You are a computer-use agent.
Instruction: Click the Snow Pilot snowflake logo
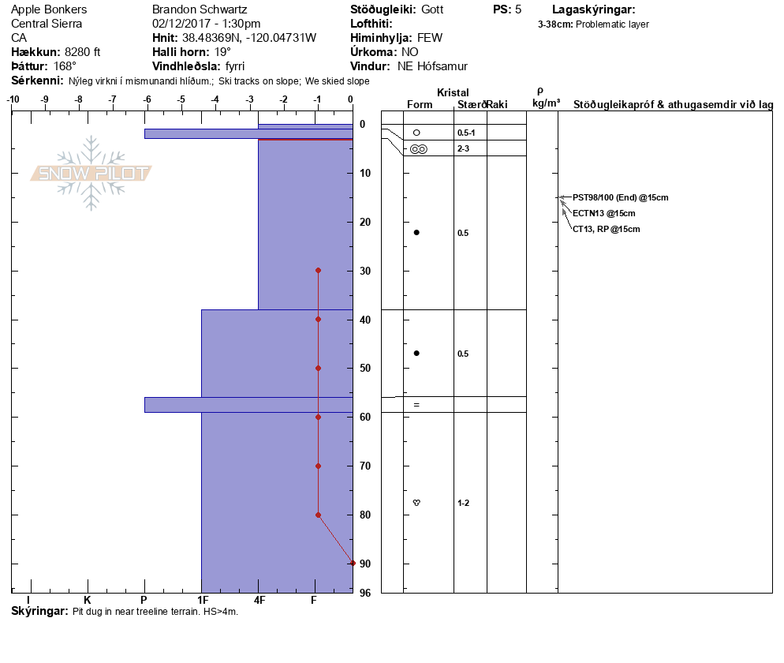click(x=91, y=174)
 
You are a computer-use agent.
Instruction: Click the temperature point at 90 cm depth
click(x=353, y=563)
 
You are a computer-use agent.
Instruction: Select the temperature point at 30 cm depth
click(x=318, y=270)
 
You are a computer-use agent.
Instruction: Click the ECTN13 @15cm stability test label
click(x=604, y=213)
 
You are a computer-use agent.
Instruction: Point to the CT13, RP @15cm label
click(x=607, y=229)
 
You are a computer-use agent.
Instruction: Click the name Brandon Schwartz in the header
click(x=200, y=9)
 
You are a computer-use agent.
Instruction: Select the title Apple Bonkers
click(x=49, y=9)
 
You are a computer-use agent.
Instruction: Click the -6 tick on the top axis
click(x=147, y=99)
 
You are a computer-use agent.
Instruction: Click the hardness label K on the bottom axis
click(x=88, y=601)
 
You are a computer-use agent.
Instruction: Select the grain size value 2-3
click(x=464, y=148)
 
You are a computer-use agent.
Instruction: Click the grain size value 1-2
click(x=464, y=503)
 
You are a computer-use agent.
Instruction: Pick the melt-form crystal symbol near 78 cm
click(x=416, y=502)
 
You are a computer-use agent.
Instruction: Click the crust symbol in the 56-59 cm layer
click(x=416, y=404)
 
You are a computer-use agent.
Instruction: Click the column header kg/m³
click(x=546, y=103)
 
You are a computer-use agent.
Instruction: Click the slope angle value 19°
click(x=223, y=52)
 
